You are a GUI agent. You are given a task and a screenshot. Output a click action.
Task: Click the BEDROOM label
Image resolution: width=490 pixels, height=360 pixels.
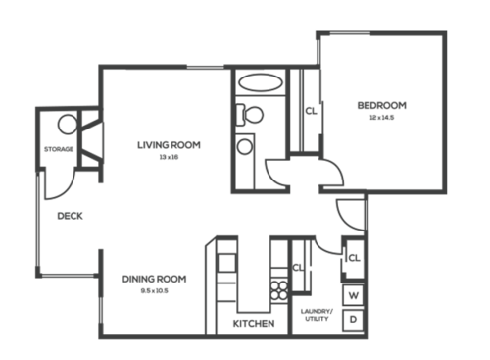(x=381, y=105)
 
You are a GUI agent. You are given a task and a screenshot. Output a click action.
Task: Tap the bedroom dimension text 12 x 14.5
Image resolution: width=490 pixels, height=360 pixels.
(x=381, y=117)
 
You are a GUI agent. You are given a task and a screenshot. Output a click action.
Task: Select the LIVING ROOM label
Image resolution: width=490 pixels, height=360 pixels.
(x=169, y=145)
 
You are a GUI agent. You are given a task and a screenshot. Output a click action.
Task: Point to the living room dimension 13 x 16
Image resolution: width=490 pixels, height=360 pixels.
(x=169, y=157)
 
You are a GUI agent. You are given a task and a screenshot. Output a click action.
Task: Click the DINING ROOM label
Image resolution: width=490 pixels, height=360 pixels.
(x=154, y=279)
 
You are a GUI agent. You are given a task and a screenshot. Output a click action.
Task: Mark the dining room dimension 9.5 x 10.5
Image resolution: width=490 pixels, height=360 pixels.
(x=154, y=290)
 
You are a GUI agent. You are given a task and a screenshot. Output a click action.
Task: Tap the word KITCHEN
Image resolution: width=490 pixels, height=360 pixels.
(x=253, y=323)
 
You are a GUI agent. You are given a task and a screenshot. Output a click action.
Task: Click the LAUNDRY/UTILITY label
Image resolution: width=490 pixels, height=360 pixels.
(x=317, y=316)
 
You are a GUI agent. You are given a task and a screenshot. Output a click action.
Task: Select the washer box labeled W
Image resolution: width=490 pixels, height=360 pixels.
(x=353, y=294)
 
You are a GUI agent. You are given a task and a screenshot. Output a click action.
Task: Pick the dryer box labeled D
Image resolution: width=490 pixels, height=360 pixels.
(x=353, y=320)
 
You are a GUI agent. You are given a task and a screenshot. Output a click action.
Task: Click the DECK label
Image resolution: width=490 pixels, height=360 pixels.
(x=69, y=217)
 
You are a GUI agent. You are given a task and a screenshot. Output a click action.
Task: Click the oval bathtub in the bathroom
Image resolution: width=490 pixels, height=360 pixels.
(x=260, y=82)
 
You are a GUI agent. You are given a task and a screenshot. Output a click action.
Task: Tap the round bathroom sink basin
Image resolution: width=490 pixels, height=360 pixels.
(x=243, y=147)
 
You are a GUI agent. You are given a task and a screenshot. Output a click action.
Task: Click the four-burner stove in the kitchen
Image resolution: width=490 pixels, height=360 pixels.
(x=279, y=290)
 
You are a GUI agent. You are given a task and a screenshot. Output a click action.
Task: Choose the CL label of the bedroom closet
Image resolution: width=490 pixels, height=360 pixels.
(x=310, y=111)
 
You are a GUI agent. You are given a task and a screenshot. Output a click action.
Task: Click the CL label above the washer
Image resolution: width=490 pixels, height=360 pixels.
(x=354, y=258)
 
